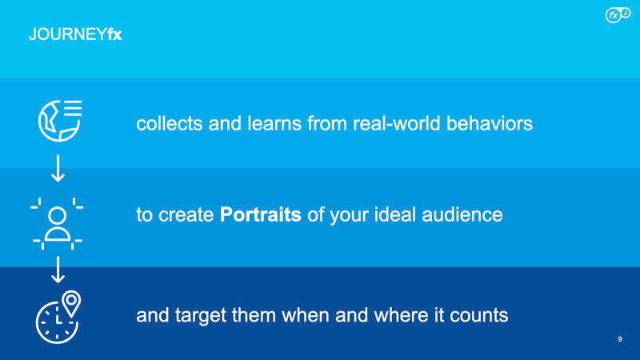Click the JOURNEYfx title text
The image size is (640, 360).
(x=75, y=34)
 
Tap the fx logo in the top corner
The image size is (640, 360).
(x=618, y=14)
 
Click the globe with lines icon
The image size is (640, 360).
(x=60, y=121)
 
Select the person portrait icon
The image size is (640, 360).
(x=57, y=224)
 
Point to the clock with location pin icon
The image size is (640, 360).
(x=58, y=317)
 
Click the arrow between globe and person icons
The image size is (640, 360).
(x=58, y=168)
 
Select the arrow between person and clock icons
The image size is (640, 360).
(x=58, y=270)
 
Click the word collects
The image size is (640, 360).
(x=170, y=123)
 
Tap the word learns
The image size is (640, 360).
(x=274, y=123)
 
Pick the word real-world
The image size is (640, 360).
(x=397, y=123)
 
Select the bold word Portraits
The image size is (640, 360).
(x=261, y=214)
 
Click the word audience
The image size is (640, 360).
(x=462, y=214)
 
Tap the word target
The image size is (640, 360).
(x=201, y=315)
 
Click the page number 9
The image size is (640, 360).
(x=620, y=339)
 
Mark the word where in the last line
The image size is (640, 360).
(x=402, y=315)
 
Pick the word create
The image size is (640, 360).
(x=186, y=215)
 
